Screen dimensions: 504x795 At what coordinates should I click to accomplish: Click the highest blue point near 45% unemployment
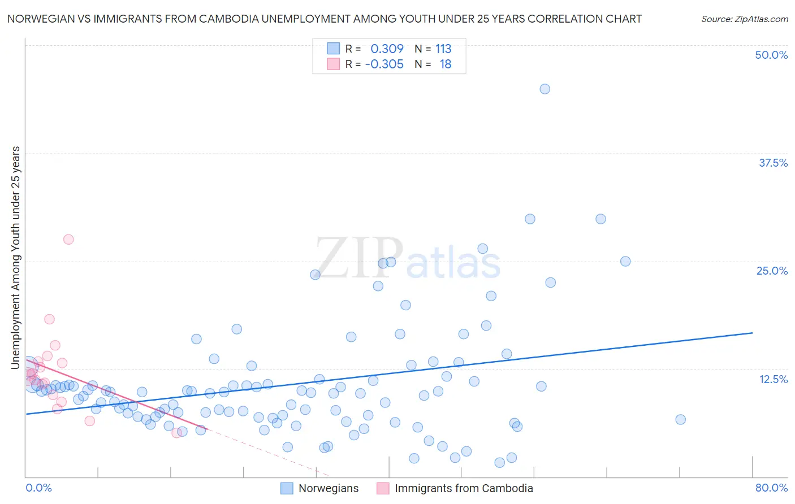[545, 89]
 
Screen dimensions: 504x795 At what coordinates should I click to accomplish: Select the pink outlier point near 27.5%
[68, 239]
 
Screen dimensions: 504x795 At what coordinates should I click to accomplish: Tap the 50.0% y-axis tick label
[771, 55]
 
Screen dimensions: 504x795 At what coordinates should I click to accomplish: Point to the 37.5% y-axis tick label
[773, 163]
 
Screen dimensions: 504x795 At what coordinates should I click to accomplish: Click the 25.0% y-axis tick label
[772, 271]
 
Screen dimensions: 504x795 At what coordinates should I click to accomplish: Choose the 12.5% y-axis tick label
[773, 379]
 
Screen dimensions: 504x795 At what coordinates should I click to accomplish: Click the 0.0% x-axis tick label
[38, 488]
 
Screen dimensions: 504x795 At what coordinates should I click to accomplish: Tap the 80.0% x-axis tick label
[771, 488]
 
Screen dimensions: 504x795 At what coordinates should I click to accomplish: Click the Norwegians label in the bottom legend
[329, 488]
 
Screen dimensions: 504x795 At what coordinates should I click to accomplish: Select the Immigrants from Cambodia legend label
[464, 488]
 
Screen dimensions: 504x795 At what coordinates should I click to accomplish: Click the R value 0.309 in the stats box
[387, 49]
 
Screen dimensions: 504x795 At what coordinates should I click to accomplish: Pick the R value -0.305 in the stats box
[384, 64]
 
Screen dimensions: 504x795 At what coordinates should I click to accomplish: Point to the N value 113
[443, 49]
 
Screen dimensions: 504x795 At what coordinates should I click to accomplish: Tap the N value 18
[446, 64]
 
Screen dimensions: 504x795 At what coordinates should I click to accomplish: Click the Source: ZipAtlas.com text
[744, 19]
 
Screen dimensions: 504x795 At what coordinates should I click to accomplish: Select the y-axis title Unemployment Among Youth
[16, 258]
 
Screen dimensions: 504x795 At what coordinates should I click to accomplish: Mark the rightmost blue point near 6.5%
[680, 419]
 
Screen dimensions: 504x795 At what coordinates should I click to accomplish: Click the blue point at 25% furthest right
[625, 261]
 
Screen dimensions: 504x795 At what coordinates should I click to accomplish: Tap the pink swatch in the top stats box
[334, 64]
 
